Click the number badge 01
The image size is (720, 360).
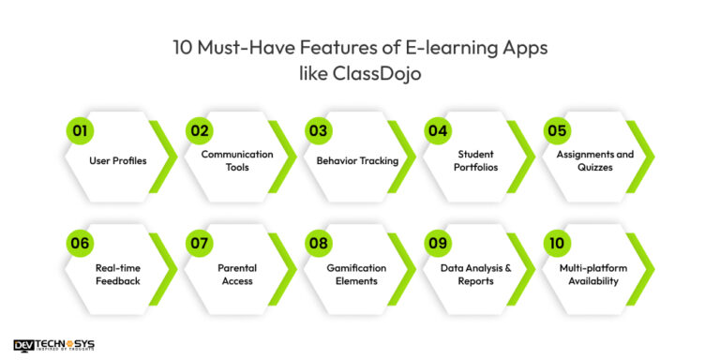click(80, 131)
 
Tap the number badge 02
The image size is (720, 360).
click(199, 131)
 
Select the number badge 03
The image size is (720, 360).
click(318, 131)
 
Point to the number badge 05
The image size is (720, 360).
click(557, 131)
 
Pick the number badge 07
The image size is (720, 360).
click(199, 244)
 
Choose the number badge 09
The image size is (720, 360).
click(437, 244)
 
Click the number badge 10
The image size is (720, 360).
click(557, 244)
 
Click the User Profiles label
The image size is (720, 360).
click(118, 160)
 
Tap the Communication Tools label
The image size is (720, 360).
click(237, 160)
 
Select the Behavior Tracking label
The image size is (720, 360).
click(357, 160)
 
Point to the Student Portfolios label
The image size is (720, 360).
click(476, 160)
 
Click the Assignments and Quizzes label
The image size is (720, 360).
click(595, 160)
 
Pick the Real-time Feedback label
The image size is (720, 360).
click(118, 274)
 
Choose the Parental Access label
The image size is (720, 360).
click(237, 274)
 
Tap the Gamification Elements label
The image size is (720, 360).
click(357, 274)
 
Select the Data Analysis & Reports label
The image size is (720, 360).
click(476, 274)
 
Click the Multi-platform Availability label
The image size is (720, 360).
click(595, 274)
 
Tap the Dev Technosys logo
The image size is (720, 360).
click(54, 346)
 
